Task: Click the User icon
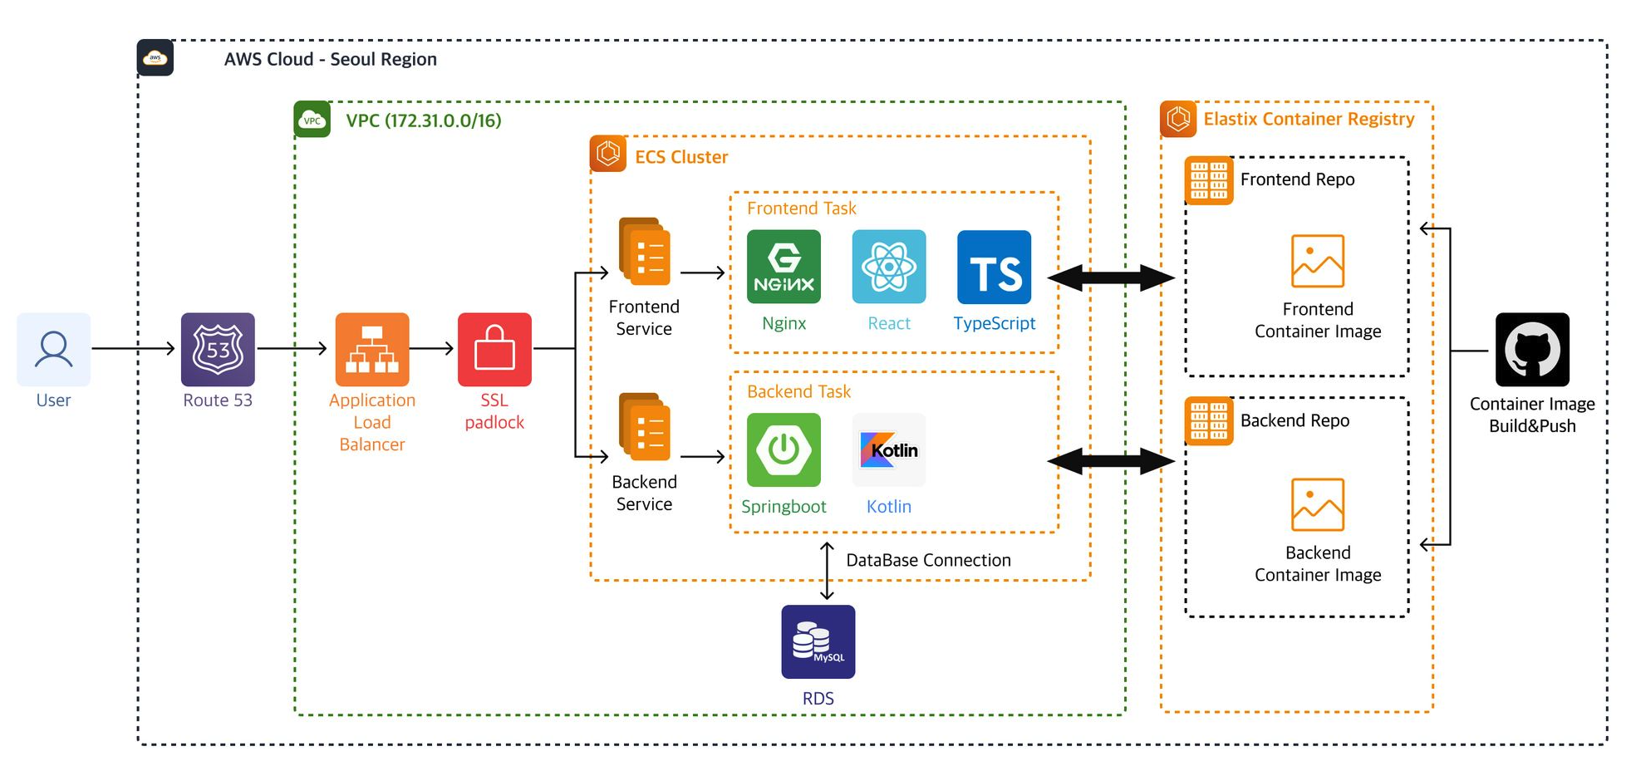pyautogui.click(x=53, y=349)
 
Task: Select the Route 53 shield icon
pyautogui.click(x=218, y=349)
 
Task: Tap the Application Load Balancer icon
pyautogui.click(x=371, y=349)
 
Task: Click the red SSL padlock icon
pyautogui.click(x=494, y=349)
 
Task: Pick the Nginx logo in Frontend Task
pyautogui.click(x=784, y=267)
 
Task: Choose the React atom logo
pyautogui.click(x=888, y=267)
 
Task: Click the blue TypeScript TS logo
pyautogui.click(x=994, y=267)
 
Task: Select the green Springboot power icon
pyautogui.click(x=784, y=449)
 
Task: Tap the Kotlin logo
pyautogui.click(x=888, y=449)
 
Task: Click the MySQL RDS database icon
pyautogui.click(x=818, y=641)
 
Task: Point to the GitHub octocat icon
pyautogui.click(x=1531, y=350)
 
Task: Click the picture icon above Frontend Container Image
pyautogui.click(x=1317, y=261)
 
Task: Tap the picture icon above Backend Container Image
pyautogui.click(x=1317, y=504)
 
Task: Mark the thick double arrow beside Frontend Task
pyautogui.click(x=1110, y=277)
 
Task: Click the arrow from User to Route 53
pyautogui.click(x=133, y=349)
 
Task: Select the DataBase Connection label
pyautogui.click(x=928, y=560)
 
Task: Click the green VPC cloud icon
pyautogui.click(x=312, y=120)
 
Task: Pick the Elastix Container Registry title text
pyautogui.click(x=1309, y=119)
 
